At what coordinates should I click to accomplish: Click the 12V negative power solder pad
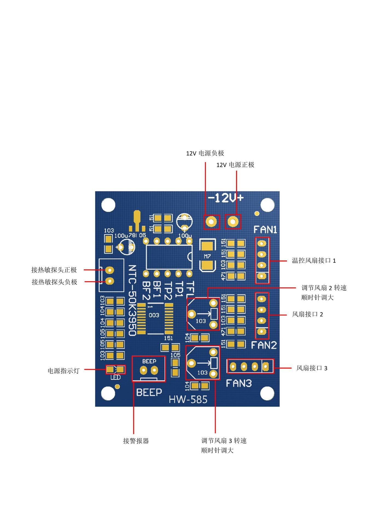pyautogui.click(x=211, y=221)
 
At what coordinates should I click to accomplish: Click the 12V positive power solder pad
pyautogui.click(x=233, y=221)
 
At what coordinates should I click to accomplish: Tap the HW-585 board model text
pyautogui.click(x=188, y=399)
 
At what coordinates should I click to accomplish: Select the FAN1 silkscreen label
pyautogui.click(x=265, y=230)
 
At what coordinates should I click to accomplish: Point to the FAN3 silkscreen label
pyautogui.click(x=239, y=383)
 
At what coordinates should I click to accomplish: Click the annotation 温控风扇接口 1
pyautogui.click(x=314, y=261)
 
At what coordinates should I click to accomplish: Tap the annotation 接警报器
pyautogui.click(x=136, y=441)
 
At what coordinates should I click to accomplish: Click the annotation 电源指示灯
pyautogui.click(x=63, y=371)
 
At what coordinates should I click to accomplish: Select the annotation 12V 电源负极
pyautogui.click(x=205, y=153)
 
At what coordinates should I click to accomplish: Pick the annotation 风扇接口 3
pyautogui.click(x=312, y=368)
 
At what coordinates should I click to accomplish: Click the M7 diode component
pyautogui.click(x=208, y=255)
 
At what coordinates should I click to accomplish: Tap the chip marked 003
pyautogui.click(x=154, y=319)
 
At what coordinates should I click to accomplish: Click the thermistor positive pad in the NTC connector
pyautogui.click(x=110, y=270)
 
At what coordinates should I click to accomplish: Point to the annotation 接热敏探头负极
pyautogui.click(x=54, y=282)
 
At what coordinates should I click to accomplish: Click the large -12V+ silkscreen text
pyautogui.click(x=226, y=198)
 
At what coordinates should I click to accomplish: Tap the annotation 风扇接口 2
pyautogui.click(x=308, y=314)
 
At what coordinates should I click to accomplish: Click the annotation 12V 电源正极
pyautogui.click(x=235, y=165)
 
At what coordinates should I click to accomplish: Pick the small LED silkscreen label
pyautogui.click(x=115, y=378)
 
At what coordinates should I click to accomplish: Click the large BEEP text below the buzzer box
pyautogui.click(x=149, y=392)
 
